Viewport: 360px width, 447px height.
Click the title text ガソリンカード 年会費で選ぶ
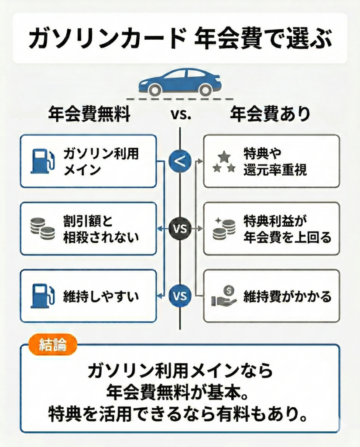tap(180, 38)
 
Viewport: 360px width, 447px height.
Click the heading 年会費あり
tap(270, 114)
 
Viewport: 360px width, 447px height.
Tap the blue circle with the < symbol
tap(180, 162)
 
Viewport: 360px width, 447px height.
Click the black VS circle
tap(180, 229)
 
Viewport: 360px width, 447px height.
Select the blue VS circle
tap(180, 296)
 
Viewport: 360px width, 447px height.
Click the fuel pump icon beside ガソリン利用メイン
tap(42, 162)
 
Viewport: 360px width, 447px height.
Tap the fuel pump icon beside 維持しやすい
tap(42, 296)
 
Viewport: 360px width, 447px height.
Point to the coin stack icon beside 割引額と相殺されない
tap(42, 229)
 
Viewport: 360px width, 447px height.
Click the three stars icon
tap(224, 162)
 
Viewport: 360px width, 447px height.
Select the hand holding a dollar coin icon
tap(224, 296)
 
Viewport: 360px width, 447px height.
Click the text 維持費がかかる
tap(287, 296)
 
